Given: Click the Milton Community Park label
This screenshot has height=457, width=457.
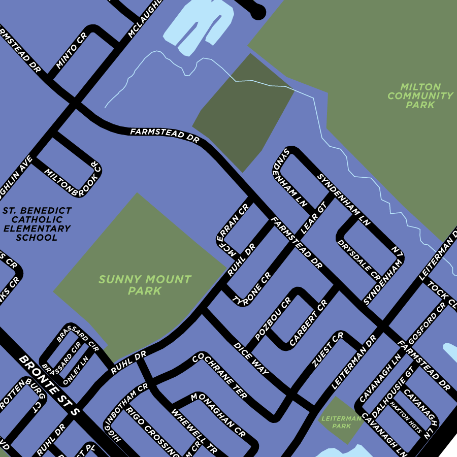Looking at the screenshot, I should (x=420, y=96).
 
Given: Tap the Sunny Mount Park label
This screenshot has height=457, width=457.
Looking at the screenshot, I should (x=145, y=285).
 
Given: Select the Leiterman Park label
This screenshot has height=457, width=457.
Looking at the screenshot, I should (x=341, y=422).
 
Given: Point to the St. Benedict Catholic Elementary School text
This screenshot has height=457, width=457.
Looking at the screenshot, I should (x=37, y=224).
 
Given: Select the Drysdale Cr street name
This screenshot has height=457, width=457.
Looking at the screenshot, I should (x=359, y=259).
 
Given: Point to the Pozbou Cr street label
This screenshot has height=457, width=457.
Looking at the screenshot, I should (x=273, y=319).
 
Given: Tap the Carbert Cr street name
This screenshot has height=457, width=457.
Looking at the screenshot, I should (x=308, y=323).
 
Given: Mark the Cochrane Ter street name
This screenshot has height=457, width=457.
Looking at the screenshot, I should (x=219, y=376).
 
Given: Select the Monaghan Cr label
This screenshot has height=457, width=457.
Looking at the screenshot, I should (x=218, y=414).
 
